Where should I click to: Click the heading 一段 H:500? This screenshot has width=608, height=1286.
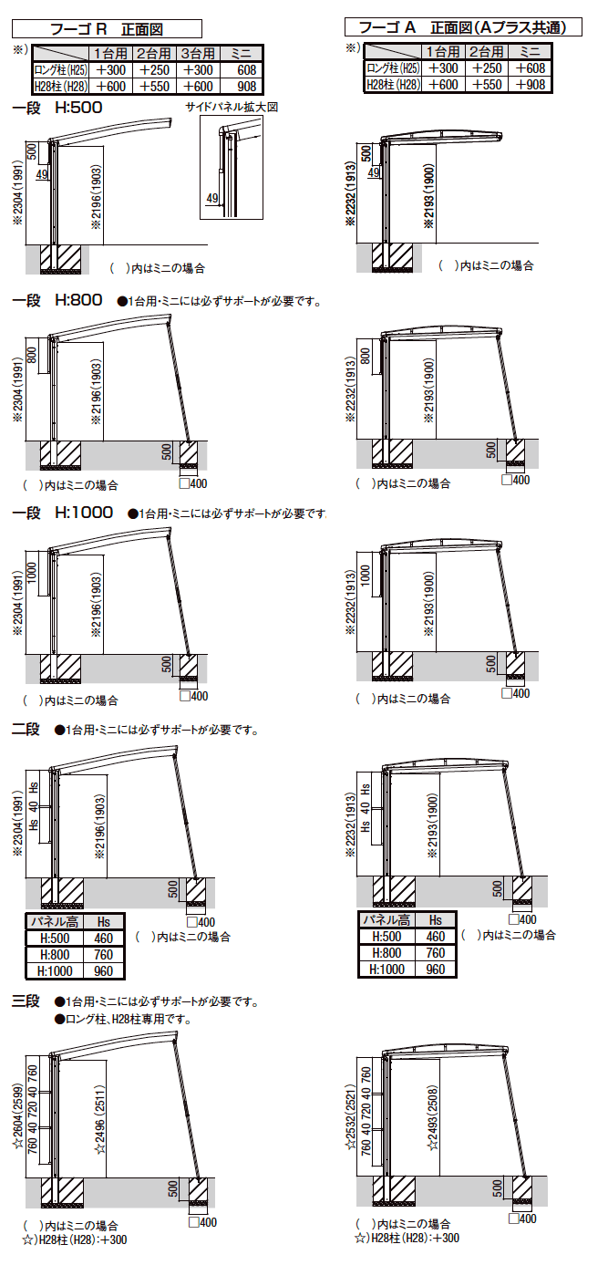[57, 107]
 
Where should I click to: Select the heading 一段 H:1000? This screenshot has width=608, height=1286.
[62, 513]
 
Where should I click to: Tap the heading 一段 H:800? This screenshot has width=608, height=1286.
[57, 300]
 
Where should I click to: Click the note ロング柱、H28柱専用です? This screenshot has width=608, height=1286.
[124, 1019]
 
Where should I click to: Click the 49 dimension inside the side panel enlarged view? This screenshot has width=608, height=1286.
[211, 199]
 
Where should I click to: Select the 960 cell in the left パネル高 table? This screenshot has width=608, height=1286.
[104, 970]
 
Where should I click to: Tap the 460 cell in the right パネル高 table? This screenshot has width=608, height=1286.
[436, 937]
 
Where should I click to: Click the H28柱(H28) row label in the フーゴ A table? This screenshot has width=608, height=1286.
[393, 85]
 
